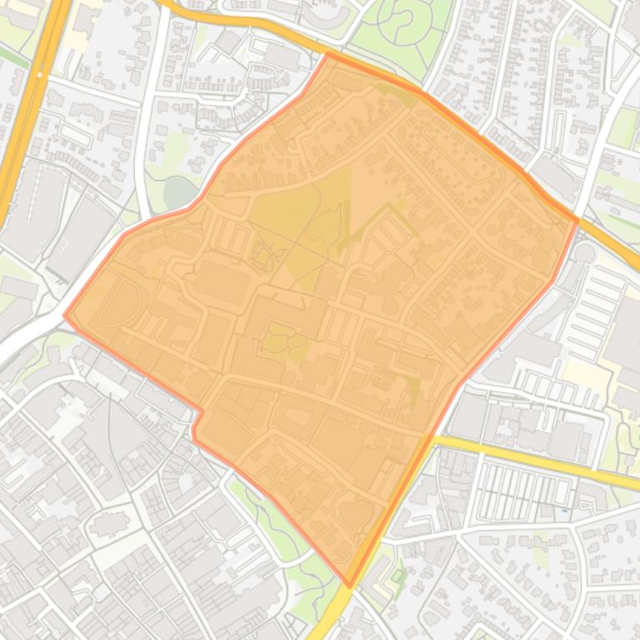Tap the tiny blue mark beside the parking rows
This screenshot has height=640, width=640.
564,510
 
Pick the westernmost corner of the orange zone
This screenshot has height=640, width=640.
65,315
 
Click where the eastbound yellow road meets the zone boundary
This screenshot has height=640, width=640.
432,438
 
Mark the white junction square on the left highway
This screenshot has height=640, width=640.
38,76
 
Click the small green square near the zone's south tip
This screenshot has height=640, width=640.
398,574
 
